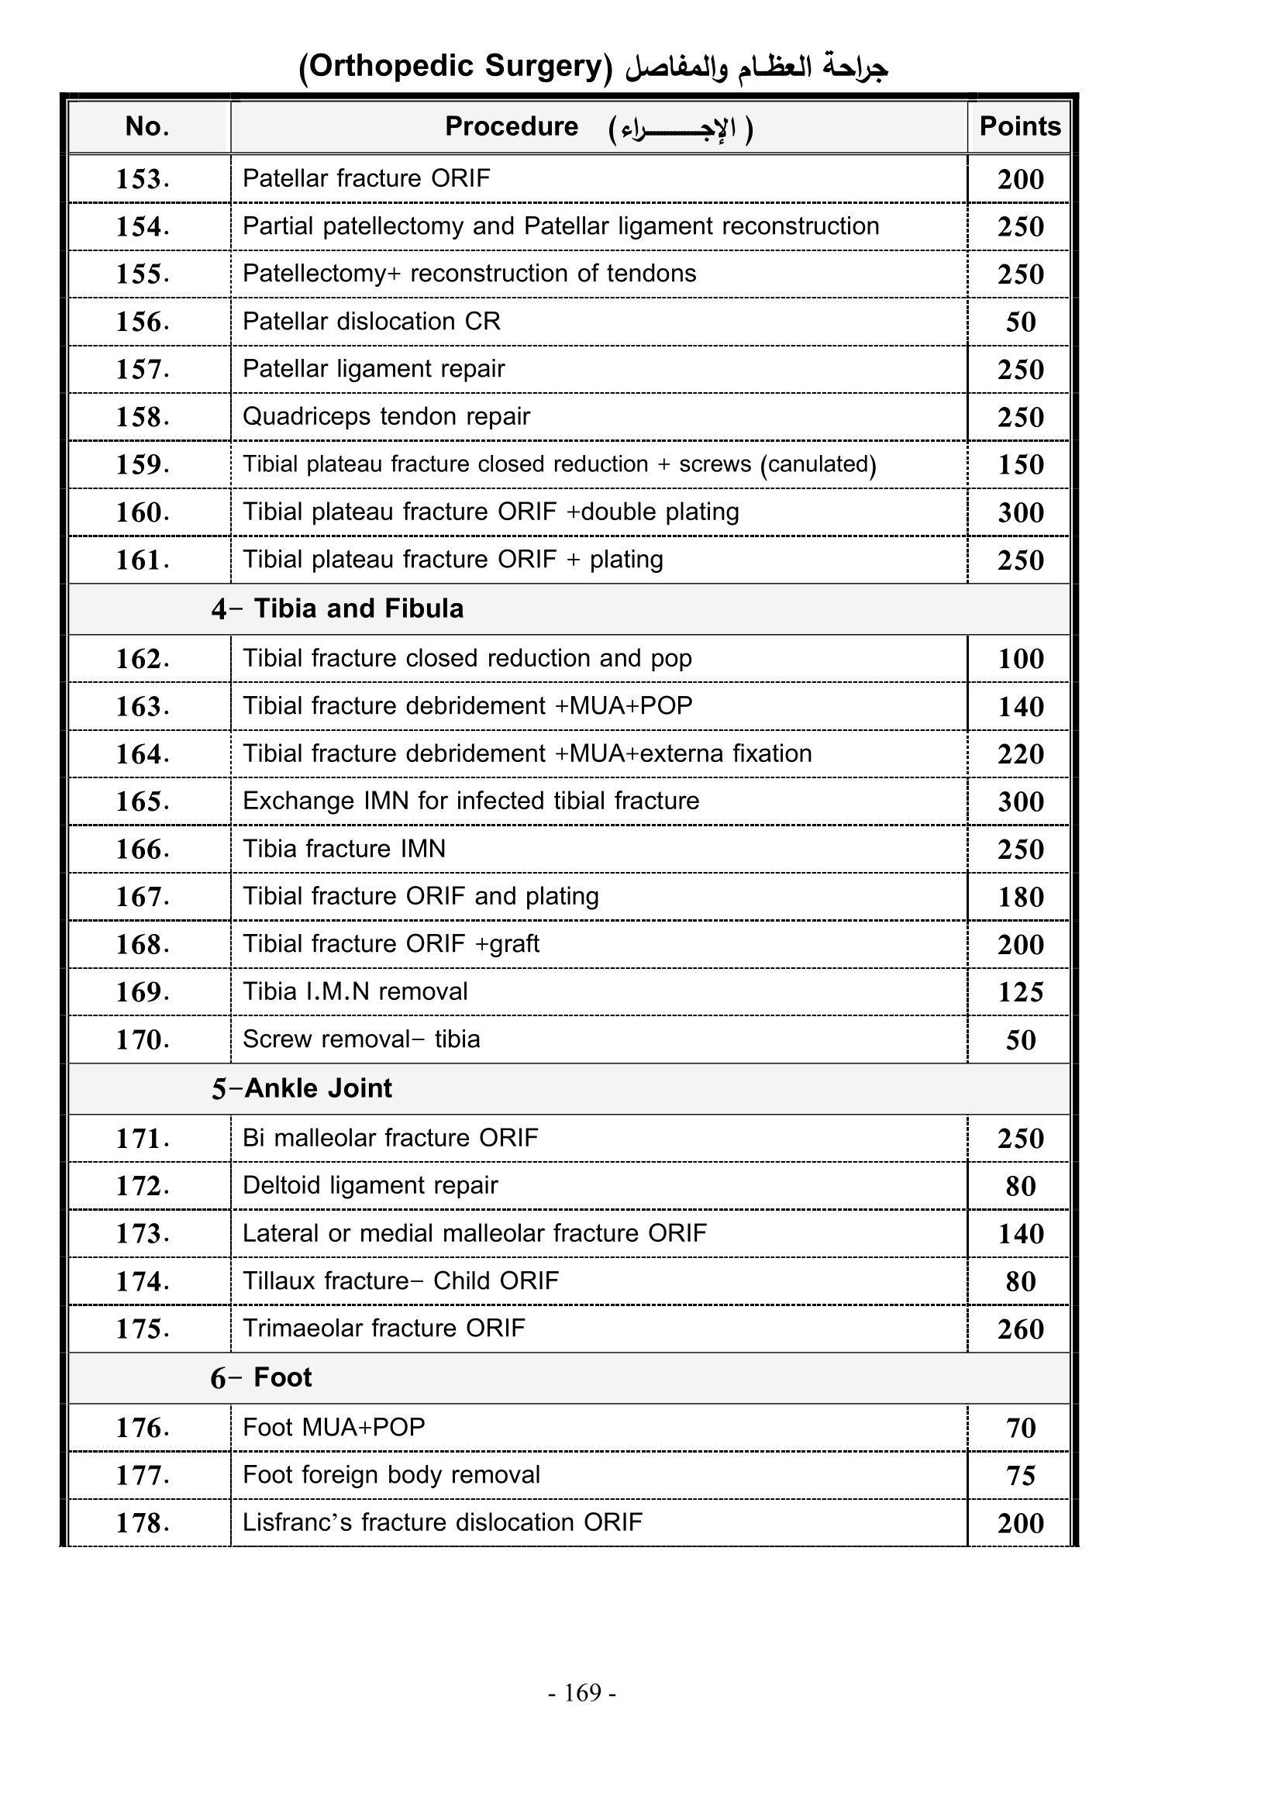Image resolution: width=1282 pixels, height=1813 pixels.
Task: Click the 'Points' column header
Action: point(1019,126)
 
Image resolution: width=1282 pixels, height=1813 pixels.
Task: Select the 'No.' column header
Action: point(146,126)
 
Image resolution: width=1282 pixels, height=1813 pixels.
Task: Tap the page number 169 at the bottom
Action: point(583,1692)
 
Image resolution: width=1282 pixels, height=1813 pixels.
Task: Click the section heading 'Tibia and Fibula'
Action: point(358,608)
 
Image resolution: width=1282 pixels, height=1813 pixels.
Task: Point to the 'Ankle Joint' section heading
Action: point(318,1088)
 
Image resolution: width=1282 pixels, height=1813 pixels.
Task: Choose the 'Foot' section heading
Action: point(283,1377)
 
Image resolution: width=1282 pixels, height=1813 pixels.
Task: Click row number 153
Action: point(142,179)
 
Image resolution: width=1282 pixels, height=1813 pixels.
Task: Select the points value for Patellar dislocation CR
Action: point(1020,322)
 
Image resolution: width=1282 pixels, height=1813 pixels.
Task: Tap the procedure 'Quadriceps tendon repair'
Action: point(386,416)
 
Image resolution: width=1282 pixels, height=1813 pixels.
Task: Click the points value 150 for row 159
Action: point(1020,464)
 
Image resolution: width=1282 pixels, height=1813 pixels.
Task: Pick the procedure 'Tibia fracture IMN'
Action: point(343,848)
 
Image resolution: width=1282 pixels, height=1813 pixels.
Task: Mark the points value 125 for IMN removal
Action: point(1020,992)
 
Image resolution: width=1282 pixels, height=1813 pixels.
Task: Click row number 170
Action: point(142,1039)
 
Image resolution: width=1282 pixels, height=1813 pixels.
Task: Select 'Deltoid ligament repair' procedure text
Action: point(370,1184)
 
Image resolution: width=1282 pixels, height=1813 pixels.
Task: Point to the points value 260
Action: point(1020,1329)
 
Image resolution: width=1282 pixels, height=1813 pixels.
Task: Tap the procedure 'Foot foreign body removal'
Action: point(391,1474)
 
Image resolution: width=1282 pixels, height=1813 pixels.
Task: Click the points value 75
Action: point(1020,1475)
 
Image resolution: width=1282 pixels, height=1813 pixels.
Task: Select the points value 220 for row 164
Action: point(1020,754)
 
